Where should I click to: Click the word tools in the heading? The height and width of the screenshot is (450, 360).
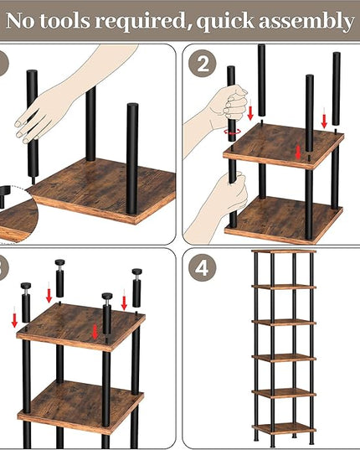(x=64, y=21)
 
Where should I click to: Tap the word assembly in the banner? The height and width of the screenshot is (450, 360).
(x=306, y=22)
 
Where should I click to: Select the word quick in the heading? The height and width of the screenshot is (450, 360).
(x=225, y=23)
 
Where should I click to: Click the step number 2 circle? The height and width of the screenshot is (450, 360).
(x=203, y=64)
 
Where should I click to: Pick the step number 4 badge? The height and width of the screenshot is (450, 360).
(x=203, y=268)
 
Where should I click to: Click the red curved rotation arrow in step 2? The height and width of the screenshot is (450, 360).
(x=233, y=132)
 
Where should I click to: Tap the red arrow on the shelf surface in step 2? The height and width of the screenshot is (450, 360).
(x=298, y=152)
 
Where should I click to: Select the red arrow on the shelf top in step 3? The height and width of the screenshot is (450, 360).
(x=95, y=332)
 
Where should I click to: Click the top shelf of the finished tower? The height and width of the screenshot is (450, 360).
(x=284, y=251)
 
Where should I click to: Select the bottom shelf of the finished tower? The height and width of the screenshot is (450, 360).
(x=284, y=428)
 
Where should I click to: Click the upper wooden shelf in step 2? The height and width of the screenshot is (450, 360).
(x=284, y=146)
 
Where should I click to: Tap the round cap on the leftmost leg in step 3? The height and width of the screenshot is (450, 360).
(x=26, y=286)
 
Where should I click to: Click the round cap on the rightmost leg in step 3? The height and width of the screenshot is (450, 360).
(x=137, y=272)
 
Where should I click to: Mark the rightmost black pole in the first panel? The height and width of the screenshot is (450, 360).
(x=132, y=158)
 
